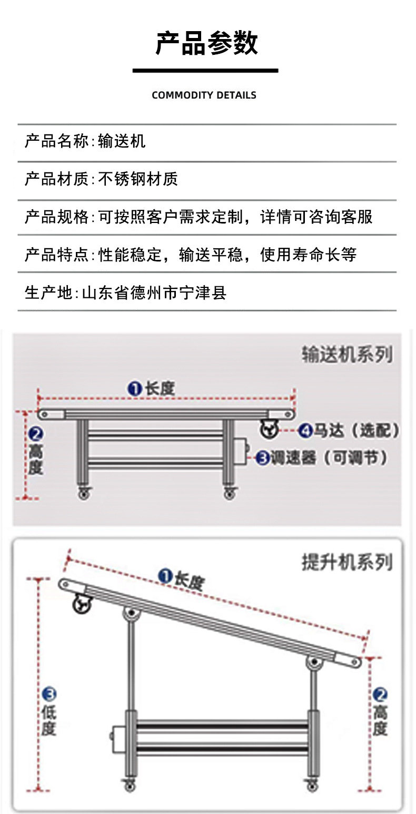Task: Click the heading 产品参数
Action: pos(206,43)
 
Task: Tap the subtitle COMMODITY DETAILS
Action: pos(204,95)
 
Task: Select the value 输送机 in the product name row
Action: pos(122,141)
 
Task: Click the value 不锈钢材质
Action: pos(138,179)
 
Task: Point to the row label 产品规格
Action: pos(57,217)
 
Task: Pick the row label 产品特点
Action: pos(57,255)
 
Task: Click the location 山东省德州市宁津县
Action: pos(154,293)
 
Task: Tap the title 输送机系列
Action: pos(347,354)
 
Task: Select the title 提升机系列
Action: pos(347,563)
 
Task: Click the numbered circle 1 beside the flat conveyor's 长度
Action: pos(135,389)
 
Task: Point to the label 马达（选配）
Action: pos(357,431)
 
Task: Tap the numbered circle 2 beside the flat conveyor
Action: pos(35,435)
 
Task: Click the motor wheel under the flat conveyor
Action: pos(269,429)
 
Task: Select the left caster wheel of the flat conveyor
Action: pos(83,493)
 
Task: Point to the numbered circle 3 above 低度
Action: pos(48,695)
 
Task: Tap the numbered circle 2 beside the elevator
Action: pos(380,695)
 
